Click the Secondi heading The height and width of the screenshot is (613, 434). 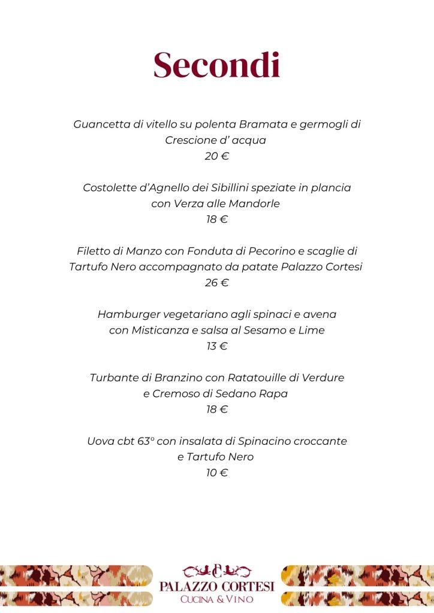click(x=216, y=66)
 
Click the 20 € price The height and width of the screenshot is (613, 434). click(x=216, y=156)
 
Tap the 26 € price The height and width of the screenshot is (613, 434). click(x=216, y=283)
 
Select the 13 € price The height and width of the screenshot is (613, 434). click(x=216, y=346)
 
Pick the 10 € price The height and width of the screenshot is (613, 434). click(x=216, y=473)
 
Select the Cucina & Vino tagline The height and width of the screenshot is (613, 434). click(x=216, y=599)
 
